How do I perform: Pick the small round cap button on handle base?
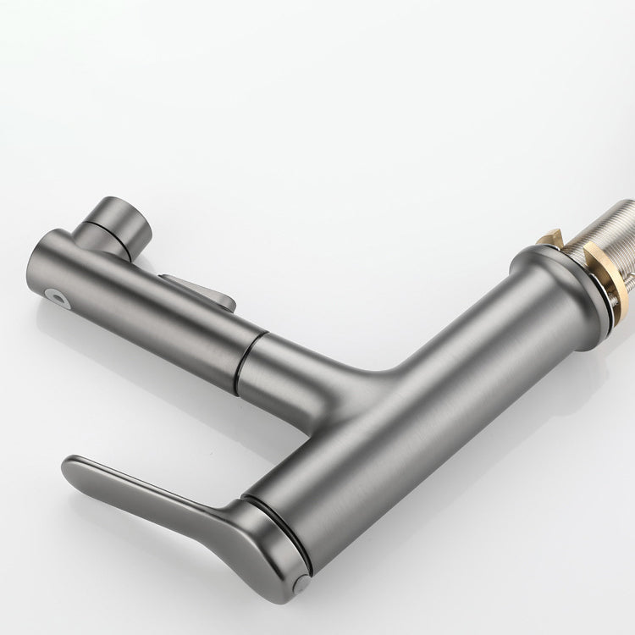[x=302, y=582]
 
